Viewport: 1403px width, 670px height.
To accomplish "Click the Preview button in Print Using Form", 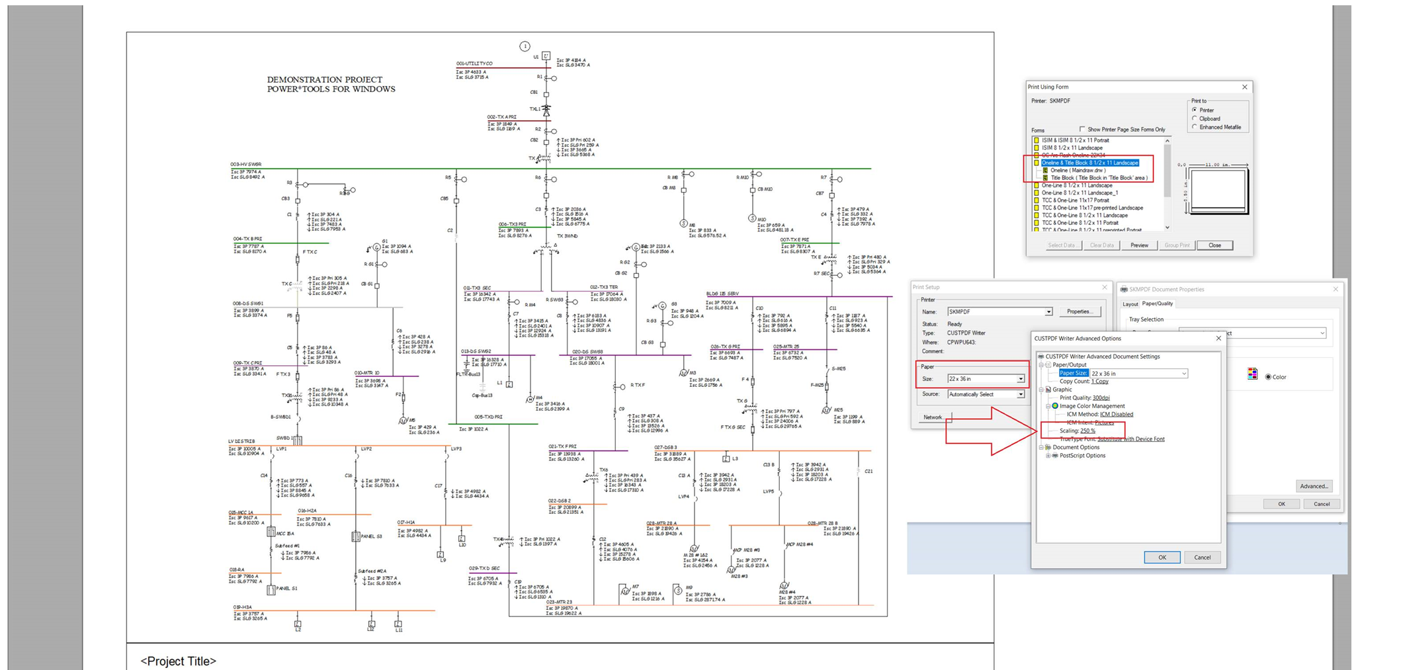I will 1139,245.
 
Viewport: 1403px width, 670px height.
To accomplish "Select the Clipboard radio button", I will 1195,119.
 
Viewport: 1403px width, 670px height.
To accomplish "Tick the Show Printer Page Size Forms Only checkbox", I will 1082,130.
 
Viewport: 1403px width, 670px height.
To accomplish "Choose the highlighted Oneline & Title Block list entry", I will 1089,163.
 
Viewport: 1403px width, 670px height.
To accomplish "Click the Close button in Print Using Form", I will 1214,245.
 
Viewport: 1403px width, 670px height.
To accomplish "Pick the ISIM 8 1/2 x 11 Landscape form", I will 1072,147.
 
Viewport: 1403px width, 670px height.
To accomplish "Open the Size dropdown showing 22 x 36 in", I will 1021,379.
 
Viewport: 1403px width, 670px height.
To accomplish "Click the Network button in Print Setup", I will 933,417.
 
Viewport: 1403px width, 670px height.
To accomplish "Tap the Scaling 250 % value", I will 1087,431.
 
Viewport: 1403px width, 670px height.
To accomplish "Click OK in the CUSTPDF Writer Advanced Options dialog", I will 1162,558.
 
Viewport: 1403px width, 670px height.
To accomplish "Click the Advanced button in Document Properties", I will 1314,486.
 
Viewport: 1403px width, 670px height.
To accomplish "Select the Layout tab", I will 1130,304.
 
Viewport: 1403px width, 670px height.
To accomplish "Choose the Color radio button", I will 1268,377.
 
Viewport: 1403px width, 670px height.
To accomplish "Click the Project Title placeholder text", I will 178,661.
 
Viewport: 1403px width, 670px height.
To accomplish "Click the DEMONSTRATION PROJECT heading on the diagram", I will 331,84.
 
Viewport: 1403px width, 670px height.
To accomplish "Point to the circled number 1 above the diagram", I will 525,46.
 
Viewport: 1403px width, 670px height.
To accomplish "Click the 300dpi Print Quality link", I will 1101,398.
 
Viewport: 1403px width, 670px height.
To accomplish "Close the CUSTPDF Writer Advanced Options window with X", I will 1218,339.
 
